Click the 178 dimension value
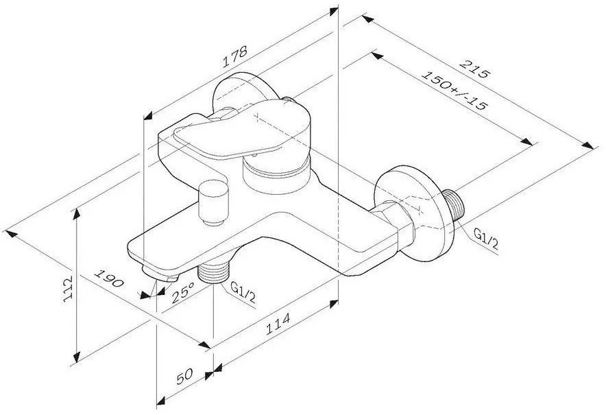click(235, 56)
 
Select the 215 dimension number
click(474, 68)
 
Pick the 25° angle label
click(183, 292)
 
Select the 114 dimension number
click(278, 324)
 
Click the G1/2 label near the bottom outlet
click(243, 292)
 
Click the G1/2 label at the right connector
click(486, 238)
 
